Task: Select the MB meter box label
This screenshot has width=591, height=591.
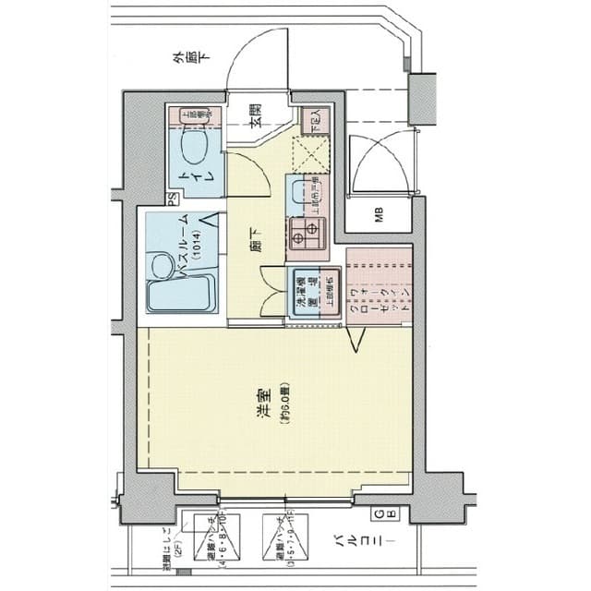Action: point(380,217)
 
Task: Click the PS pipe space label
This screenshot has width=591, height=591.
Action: point(173,198)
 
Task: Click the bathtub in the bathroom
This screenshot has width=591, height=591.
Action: point(181,294)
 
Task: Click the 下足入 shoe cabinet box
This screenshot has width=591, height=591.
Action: point(309,119)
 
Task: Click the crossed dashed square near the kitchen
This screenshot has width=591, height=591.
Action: point(308,153)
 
